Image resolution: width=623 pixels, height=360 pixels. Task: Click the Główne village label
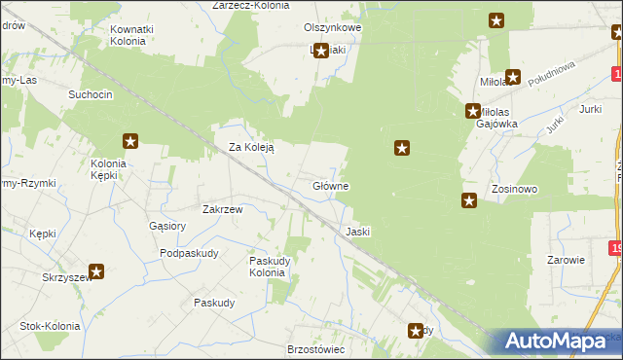pyautogui.click(x=331, y=185)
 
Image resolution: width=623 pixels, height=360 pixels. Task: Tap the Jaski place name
pyautogui.click(x=357, y=232)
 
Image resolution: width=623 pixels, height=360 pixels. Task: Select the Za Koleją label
pyautogui.click(x=251, y=148)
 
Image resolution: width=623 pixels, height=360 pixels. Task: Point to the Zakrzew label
pyautogui.click(x=222, y=208)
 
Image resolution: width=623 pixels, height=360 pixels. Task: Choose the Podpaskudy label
pyautogui.click(x=189, y=253)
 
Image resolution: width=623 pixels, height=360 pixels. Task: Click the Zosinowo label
pyautogui.click(x=515, y=189)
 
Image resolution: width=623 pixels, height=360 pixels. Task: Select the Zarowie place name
pyautogui.click(x=565, y=261)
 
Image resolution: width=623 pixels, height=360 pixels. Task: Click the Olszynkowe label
pyautogui.click(x=333, y=28)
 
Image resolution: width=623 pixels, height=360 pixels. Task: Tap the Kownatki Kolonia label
pyautogui.click(x=132, y=36)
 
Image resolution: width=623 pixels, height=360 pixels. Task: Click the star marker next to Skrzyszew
pyautogui.click(x=96, y=272)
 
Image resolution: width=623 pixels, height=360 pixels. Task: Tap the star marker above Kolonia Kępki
pyautogui.click(x=130, y=142)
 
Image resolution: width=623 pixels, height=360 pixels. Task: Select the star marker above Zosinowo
pyautogui.click(x=469, y=201)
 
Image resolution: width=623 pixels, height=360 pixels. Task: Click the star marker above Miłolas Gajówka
pyautogui.click(x=473, y=112)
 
